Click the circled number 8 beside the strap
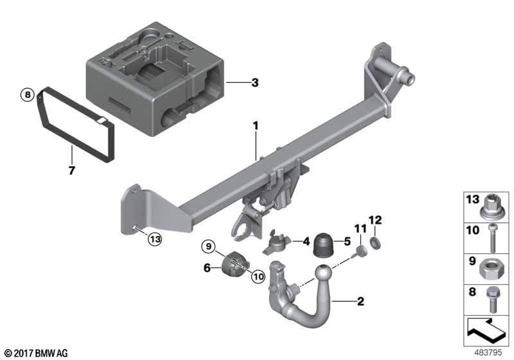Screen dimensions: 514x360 click(x=28, y=94)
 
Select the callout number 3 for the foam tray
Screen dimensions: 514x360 click(x=254, y=83)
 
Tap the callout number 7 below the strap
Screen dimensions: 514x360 click(x=72, y=170)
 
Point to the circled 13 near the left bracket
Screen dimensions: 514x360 click(x=155, y=239)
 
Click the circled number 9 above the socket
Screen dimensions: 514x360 click(x=209, y=246)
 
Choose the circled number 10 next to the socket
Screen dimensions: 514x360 click(x=258, y=276)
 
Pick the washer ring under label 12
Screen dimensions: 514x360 click(x=375, y=243)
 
